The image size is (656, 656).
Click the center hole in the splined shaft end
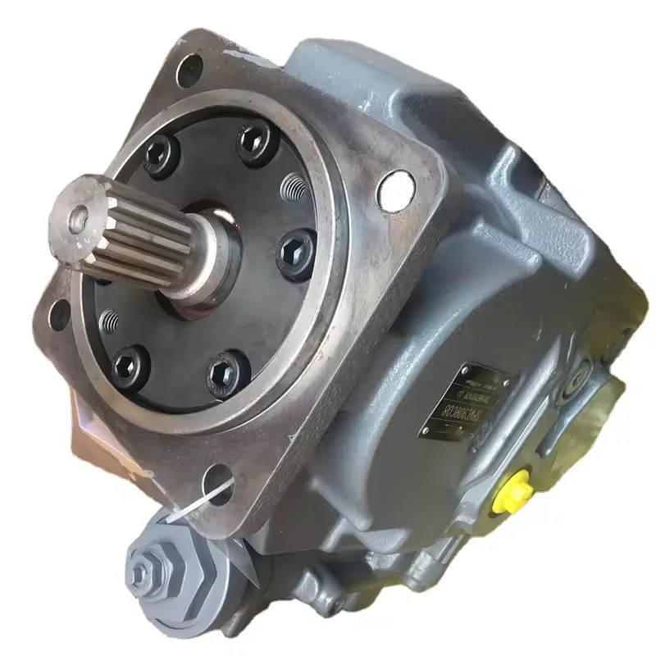tap(79, 216)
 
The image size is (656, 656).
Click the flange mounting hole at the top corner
tap(189, 66)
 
